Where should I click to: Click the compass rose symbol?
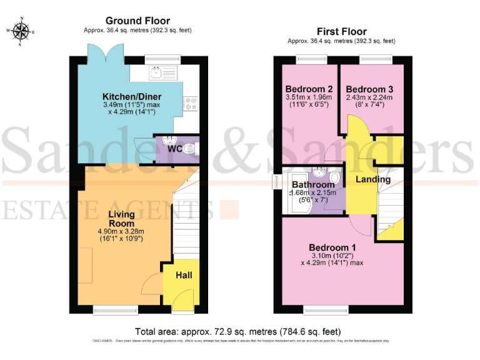coord(21,31)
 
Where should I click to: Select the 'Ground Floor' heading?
coord(137,21)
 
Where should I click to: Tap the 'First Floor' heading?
coord(341,31)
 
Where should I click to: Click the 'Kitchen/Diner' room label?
coord(132,96)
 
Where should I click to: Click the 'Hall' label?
coord(184,275)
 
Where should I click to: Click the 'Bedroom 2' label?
coord(308,88)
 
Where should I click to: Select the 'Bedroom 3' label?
coord(369,88)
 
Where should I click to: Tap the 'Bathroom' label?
coord(314,185)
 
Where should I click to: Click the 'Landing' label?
coord(372,179)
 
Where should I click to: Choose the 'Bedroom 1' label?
coord(331,248)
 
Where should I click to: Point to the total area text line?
coord(238,331)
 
